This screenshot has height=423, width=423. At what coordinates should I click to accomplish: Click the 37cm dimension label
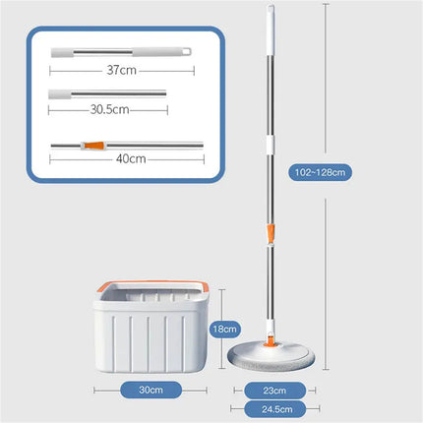(x=121, y=70)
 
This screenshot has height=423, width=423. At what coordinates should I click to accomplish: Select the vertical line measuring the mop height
(x=325, y=98)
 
